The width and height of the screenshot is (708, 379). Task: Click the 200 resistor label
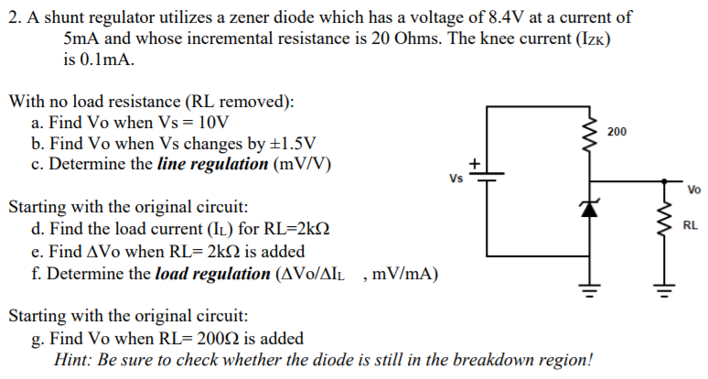617,133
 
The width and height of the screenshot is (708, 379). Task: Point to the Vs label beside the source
456,178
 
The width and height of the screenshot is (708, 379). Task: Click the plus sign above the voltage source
475,163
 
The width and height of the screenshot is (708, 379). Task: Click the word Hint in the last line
74,359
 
